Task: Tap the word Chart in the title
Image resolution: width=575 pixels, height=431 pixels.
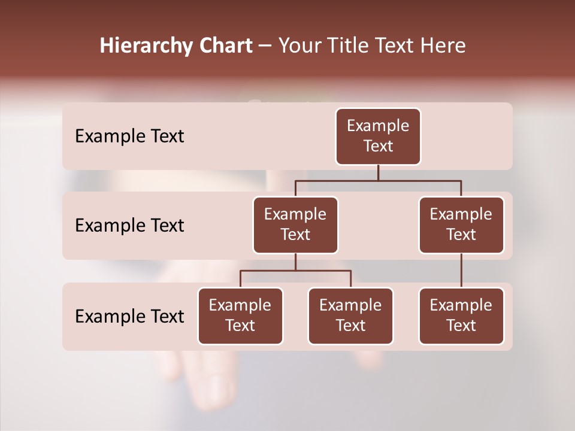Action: click(224, 46)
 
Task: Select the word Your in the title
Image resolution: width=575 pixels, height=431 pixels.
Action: click(299, 46)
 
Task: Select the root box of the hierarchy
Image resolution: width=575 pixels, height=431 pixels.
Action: click(378, 136)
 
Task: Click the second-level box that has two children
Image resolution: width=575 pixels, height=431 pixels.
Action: click(295, 224)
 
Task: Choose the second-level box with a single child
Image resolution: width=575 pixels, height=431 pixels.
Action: click(461, 224)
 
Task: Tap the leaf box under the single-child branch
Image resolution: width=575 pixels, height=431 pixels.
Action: click(461, 316)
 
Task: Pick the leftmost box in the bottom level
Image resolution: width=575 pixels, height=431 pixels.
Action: click(240, 316)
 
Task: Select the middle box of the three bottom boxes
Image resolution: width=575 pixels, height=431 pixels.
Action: click(350, 316)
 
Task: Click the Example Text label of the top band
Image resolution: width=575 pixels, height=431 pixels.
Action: click(129, 136)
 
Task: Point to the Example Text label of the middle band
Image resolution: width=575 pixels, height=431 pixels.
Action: click(129, 226)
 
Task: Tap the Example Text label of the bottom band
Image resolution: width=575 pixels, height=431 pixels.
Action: click(129, 317)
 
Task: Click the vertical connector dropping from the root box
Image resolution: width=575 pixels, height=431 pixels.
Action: click(378, 172)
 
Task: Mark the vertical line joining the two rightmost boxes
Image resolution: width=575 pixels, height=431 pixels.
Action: click(461, 271)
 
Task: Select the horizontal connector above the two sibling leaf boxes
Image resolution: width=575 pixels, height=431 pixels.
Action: click(295, 271)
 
